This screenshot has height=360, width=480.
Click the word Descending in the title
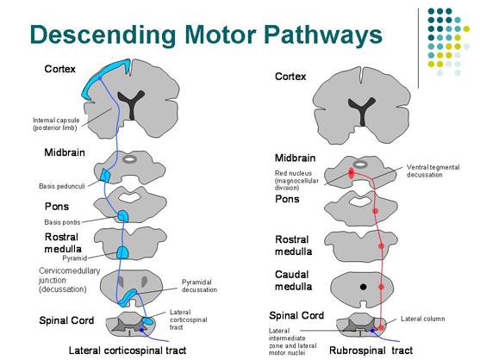(103, 34)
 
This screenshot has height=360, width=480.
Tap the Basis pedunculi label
(62, 186)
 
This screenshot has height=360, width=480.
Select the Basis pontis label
(62, 222)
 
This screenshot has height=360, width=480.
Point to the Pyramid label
(75, 258)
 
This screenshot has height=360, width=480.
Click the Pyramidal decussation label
(199, 286)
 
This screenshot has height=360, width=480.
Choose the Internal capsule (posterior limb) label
(56, 124)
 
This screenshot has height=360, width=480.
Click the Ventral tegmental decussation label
(433, 171)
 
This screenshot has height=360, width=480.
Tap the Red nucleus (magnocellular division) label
(296, 181)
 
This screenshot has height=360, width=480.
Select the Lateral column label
(423, 319)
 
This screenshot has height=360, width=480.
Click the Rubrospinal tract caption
(371, 351)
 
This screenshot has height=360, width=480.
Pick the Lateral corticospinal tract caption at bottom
(128, 351)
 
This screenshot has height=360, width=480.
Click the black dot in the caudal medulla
(363, 287)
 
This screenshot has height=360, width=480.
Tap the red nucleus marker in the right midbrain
(351, 173)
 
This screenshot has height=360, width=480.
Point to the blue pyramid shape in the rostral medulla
(122, 252)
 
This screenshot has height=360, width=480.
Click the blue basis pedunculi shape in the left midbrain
(106, 175)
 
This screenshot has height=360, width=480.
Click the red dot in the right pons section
(376, 211)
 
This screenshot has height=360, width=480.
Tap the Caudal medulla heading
(293, 281)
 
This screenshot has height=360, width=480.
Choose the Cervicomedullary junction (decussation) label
(70, 280)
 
